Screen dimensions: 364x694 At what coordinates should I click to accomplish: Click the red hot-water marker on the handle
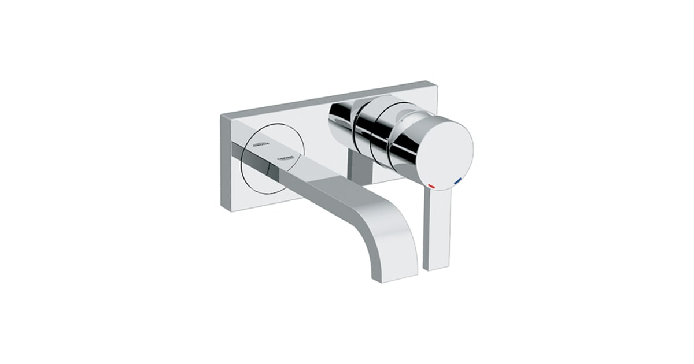click(431, 187)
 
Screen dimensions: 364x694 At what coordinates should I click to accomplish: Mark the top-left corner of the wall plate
click(222, 115)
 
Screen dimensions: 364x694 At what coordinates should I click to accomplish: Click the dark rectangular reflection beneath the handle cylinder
click(361, 168)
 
